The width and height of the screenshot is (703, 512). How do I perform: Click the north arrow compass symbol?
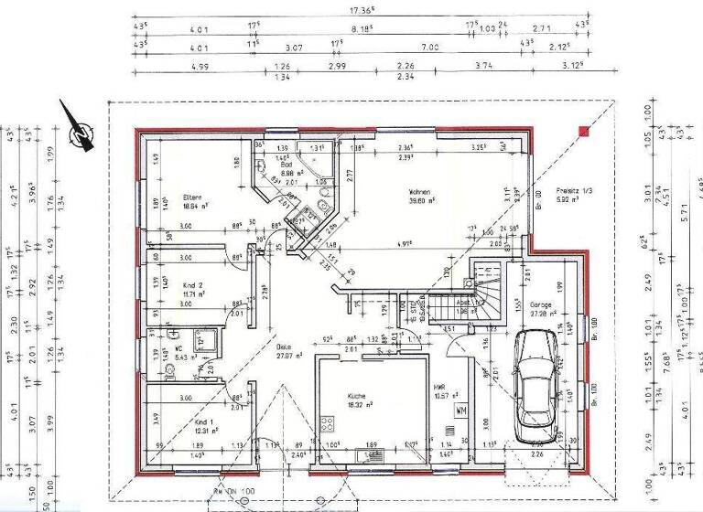(x=81, y=133)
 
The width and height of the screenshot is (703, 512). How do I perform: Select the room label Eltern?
(x=192, y=197)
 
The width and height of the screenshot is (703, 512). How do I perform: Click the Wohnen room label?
(x=421, y=191)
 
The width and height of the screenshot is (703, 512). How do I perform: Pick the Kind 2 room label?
(x=192, y=284)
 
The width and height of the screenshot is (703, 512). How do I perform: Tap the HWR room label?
(x=441, y=388)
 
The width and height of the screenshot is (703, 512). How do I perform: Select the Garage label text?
(x=541, y=304)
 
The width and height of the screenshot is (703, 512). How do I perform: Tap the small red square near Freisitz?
(x=582, y=133)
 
